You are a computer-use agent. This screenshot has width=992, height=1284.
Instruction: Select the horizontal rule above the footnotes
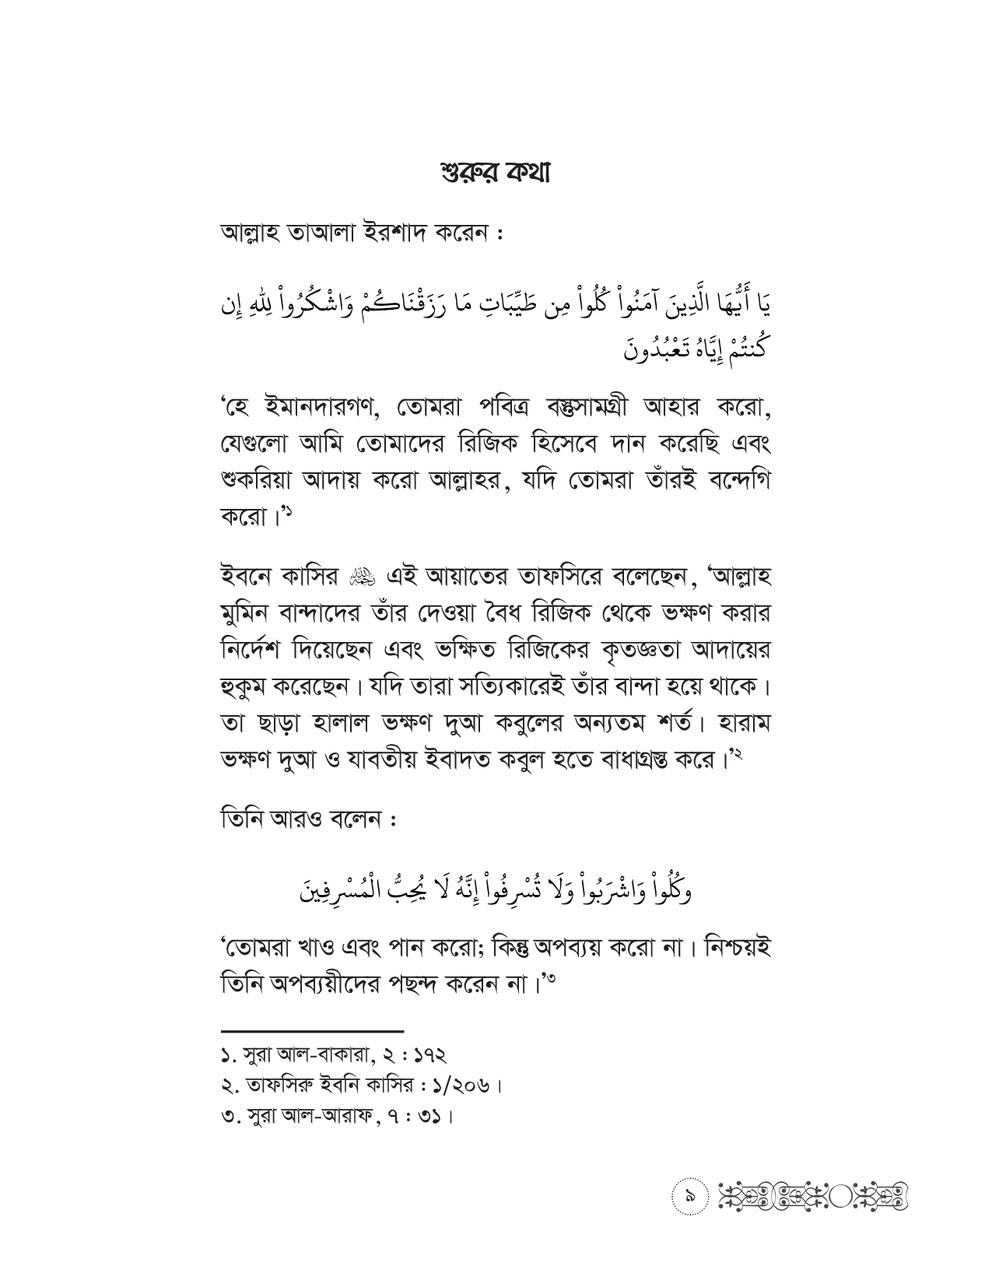click(312, 1030)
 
